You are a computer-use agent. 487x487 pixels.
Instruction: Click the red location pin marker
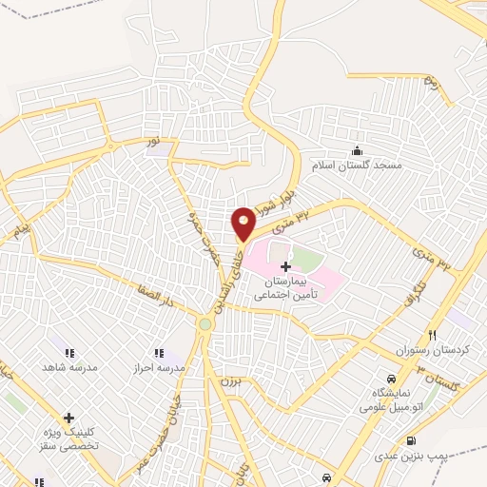[243, 223]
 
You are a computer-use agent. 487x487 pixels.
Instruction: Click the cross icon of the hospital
[285, 268]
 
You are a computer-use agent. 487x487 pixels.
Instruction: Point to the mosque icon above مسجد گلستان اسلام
[357, 149]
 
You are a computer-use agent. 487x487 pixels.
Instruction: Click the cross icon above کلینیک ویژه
[68, 417]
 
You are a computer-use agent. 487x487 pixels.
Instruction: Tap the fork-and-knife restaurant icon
[432, 334]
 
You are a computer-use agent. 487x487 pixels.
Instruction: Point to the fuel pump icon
[410, 440]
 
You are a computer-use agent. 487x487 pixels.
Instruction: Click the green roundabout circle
[205, 324]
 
